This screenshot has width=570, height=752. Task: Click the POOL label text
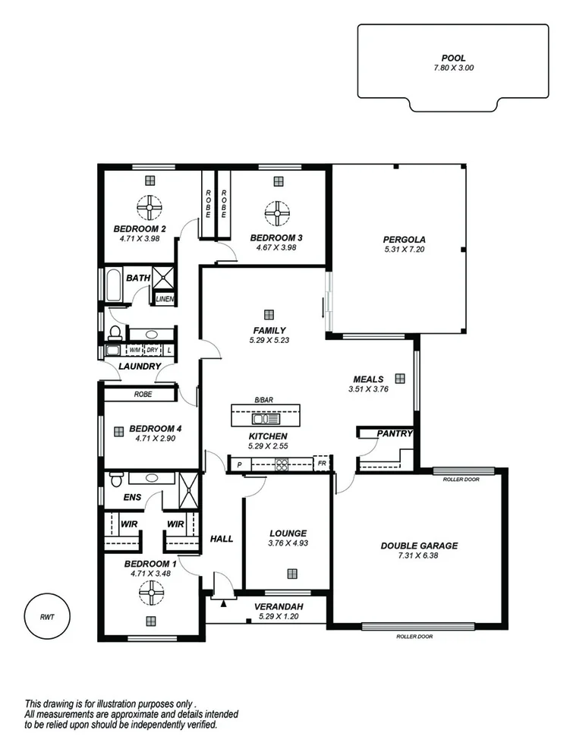[x=453, y=58]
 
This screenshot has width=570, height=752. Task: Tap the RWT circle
[x=46, y=616]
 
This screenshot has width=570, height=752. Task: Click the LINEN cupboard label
[x=165, y=299]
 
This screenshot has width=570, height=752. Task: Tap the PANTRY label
[x=395, y=434]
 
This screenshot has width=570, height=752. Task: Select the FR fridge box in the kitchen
[x=322, y=464]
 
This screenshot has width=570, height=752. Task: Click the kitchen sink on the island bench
[x=266, y=418]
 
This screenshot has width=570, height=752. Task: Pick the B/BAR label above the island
[x=263, y=400]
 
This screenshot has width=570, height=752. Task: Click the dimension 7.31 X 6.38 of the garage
[x=419, y=557]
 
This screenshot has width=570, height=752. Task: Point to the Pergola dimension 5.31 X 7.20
[x=408, y=249]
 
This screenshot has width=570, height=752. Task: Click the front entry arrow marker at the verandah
[x=223, y=604]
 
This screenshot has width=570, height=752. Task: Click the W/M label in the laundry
[x=134, y=351]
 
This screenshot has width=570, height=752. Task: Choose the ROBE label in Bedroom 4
[x=142, y=395]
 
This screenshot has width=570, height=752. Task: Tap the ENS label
[x=132, y=498]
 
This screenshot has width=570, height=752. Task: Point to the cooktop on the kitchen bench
[x=282, y=464]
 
